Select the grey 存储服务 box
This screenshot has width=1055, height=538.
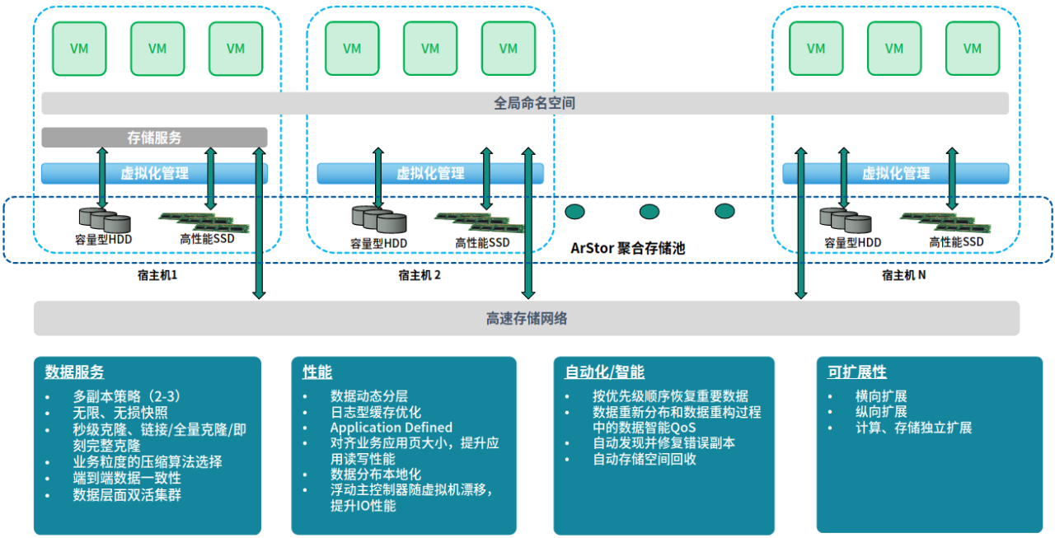[154, 138]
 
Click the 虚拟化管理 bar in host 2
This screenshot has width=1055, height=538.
[430, 173]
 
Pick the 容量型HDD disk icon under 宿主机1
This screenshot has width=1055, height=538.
[105, 219]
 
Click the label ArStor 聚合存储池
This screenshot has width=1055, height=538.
[628, 247]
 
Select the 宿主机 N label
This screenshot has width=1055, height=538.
[903, 275]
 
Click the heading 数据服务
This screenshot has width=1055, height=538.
[74, 372]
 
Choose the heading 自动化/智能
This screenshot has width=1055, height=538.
[604, 372]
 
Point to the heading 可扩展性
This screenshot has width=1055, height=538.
[856, 372]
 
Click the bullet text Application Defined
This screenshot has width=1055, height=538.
[391, 428]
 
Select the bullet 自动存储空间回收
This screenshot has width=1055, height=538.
[645, 459]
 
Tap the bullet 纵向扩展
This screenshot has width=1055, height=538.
[881, 411]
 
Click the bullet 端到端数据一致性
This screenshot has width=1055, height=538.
[127, 478]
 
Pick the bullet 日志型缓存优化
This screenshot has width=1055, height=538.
[375, 412]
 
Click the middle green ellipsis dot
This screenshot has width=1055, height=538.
[649, 212]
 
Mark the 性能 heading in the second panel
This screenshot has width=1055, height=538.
[317, 372]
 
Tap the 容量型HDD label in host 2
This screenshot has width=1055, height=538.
[378, 243]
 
